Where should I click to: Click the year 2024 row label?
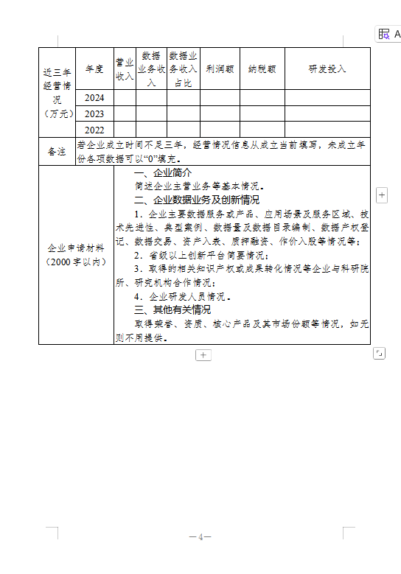coord(94,98)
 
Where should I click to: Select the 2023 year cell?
coord(94,113)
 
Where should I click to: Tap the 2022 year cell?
coord(94,130)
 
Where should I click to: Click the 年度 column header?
coord(94,69)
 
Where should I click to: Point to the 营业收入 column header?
coord(125,69)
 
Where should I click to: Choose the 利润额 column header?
coord(220,69)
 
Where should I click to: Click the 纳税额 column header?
coord(262,69)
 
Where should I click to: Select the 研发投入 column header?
coord(327,69)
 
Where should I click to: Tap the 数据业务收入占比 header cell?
coord(183,69)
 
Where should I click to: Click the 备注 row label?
coord(57,151)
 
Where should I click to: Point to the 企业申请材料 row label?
coord(75,255)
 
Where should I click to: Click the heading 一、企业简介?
coord(163,172)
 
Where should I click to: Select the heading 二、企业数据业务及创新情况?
coord(196,200)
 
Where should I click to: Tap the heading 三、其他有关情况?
coord(172,309)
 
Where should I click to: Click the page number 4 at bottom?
coord(200,536)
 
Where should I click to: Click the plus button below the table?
coord(203,355)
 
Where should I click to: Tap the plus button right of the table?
coord(382,195)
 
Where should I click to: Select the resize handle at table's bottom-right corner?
coord(379,354)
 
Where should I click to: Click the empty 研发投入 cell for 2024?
coord(327,98)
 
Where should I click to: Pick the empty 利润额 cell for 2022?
coord(220,130)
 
